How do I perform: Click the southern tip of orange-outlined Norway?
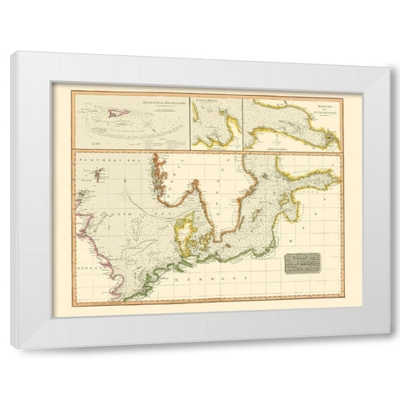pos(170,202)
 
